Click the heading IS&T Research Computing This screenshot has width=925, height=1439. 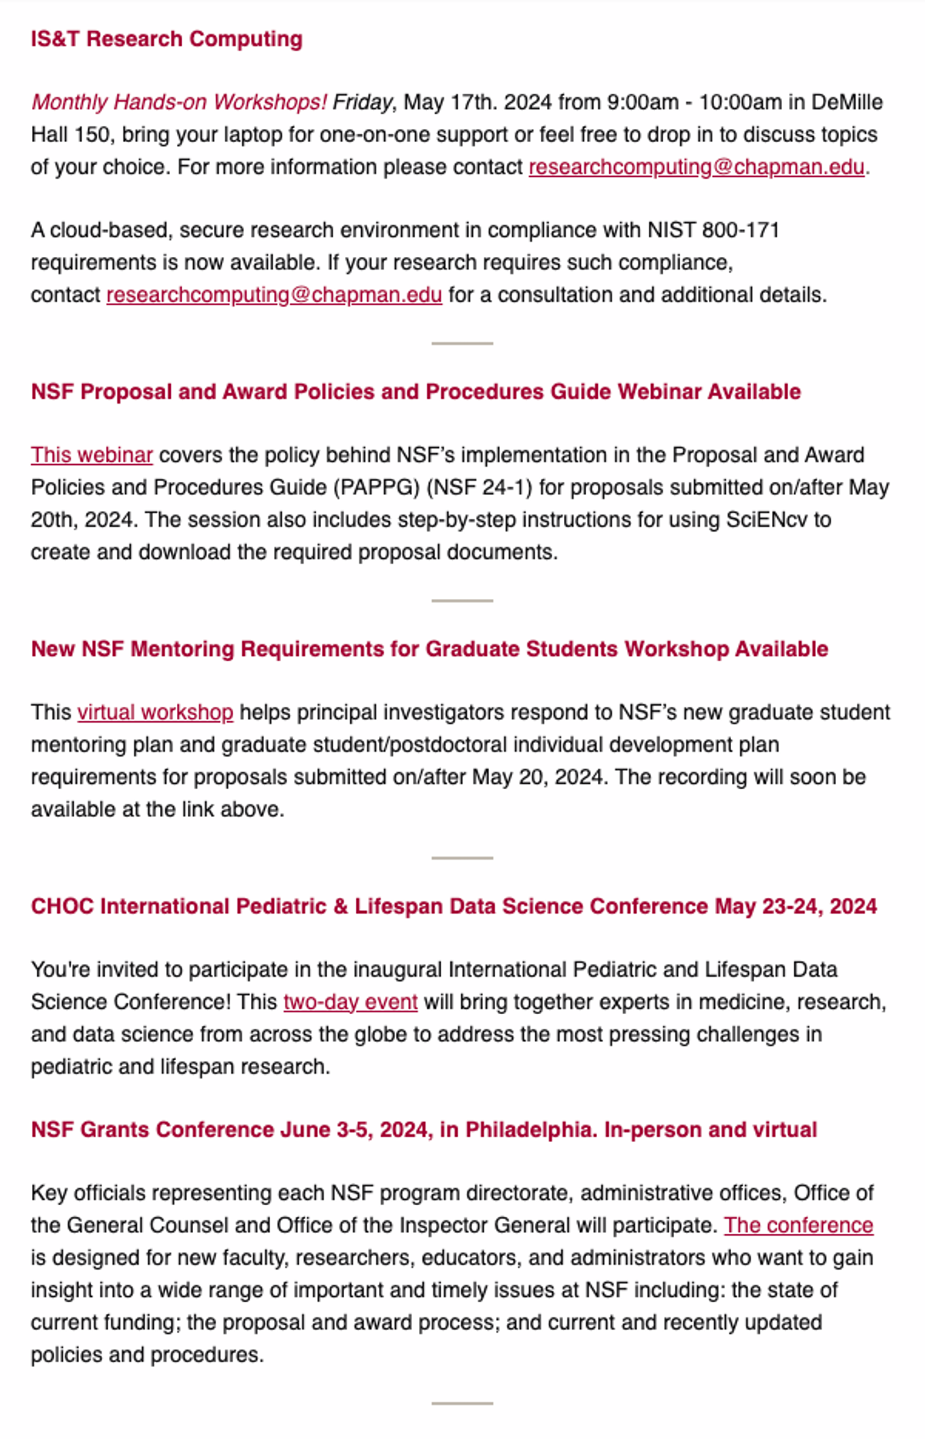coord(167,39)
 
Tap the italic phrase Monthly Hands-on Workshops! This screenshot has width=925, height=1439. coord(179,102)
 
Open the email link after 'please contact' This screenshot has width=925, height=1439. coord(696,167)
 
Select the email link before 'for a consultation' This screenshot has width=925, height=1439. coord(274,294)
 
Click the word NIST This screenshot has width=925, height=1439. coord(671,230)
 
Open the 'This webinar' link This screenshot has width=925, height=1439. coord(92,455)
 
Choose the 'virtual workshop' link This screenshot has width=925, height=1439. coord(155,712)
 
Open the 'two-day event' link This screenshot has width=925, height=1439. coord(350,1001)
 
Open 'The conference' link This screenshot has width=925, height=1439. coord(798,1225)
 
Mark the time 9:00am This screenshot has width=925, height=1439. coord(643,102)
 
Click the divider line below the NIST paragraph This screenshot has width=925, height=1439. coord(462,343)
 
